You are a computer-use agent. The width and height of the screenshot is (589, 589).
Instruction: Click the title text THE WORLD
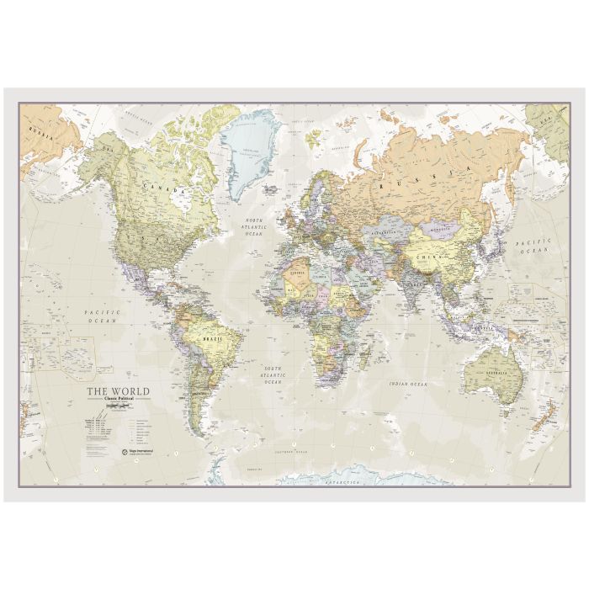tap(119, 391)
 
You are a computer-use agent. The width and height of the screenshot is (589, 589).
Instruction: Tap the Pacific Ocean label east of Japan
tap(533, 245)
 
